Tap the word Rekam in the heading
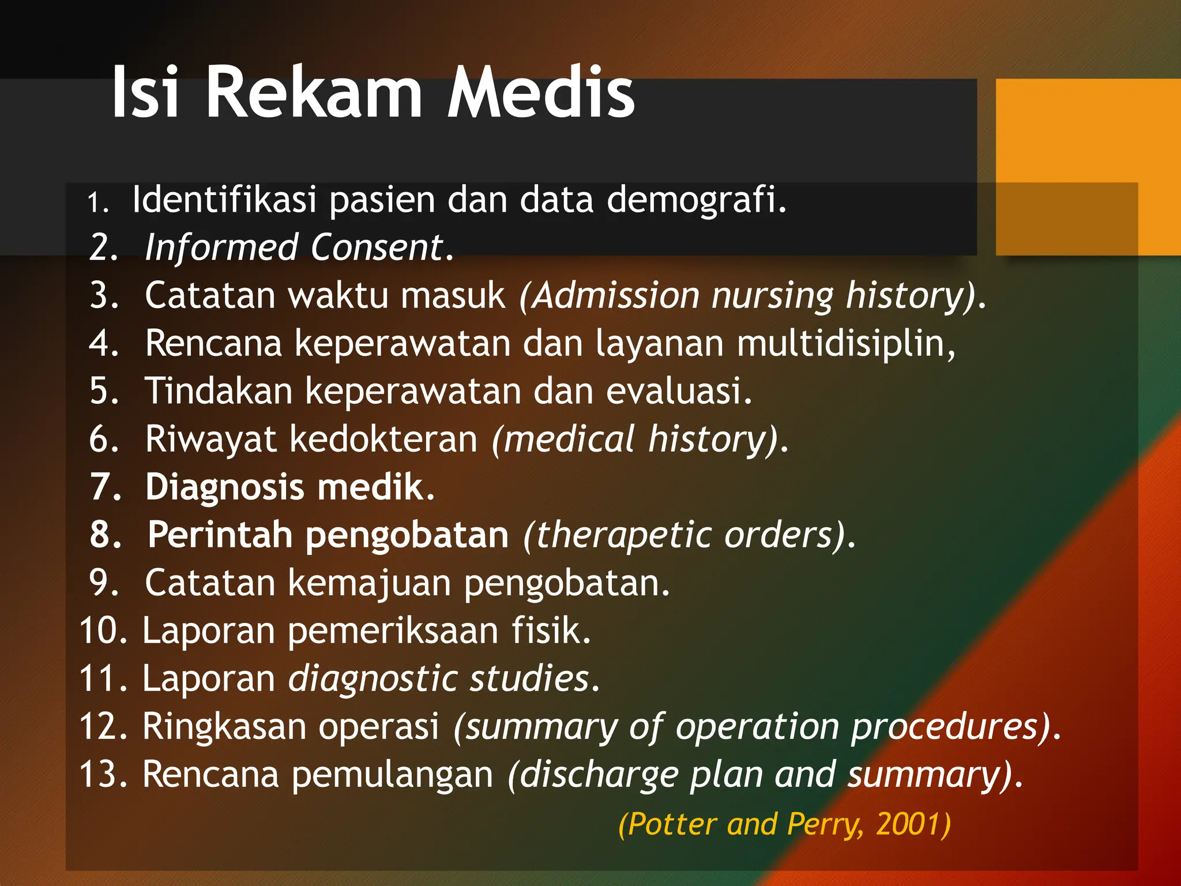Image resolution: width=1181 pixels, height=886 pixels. tap(314, 92)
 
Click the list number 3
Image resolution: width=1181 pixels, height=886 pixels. tap(104, 295)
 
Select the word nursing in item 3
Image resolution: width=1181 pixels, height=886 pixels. tap(772, 295)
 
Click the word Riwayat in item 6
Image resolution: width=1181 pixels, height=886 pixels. tap(210, 439)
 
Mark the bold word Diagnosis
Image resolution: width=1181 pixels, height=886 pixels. tap(224, 487)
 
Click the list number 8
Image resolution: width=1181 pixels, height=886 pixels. tap(105, 535)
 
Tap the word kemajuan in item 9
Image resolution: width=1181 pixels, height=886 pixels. tap(369, 583)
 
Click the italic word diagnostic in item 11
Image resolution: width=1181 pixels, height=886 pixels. tap(372, 678)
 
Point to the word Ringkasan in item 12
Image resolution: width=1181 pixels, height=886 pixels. tap(224, 726)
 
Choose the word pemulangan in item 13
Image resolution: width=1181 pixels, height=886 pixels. tap(392, 774)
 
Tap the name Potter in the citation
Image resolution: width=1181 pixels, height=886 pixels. tap(671, 824)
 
